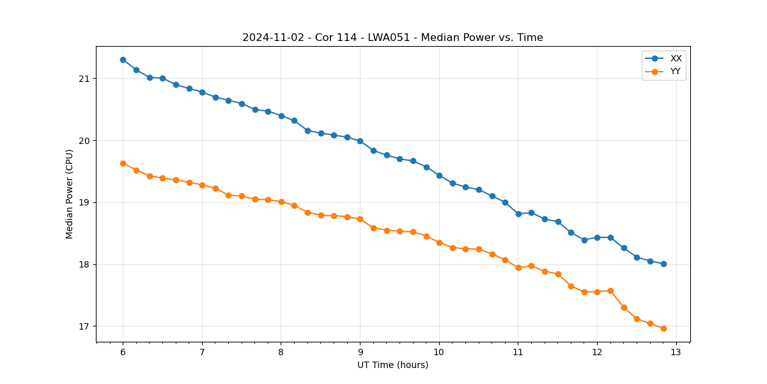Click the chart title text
click(x=392, y=38)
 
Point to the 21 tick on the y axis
click(x=84, y=79)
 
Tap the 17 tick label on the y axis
click(x=84, y=326)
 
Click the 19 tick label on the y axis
click(x=84, y=203)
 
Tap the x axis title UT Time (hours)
click(x=392, y=365)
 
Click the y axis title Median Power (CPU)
click(x=70, y=194)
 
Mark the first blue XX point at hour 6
click(x=123, y=60)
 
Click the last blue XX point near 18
click(x=663, y=264)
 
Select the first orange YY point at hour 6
click(x=123, y=163)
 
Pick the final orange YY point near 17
click(x=663, y=328)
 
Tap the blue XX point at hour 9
click(x=360, y=141)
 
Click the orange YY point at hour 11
click(x=518, y=268)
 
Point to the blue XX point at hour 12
click(x=597, y=237)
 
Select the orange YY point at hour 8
click(x=281, y=202)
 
